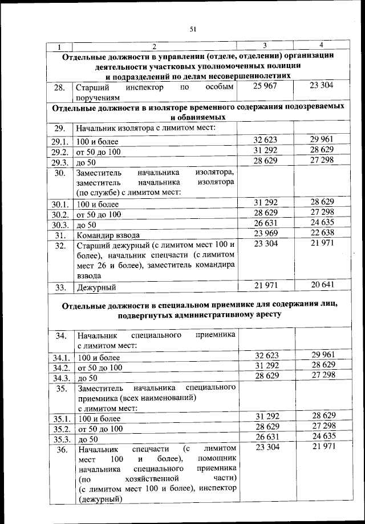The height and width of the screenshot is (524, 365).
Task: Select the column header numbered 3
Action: coord(265,45)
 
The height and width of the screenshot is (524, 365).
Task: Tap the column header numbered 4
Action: coord(322,45)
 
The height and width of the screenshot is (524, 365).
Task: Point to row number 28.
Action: coord(59,88)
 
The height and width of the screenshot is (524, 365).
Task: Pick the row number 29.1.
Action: coord(59,141)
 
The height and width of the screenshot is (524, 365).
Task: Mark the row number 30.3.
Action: coord(59,225)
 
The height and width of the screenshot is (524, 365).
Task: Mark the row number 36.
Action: coord(59,449)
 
